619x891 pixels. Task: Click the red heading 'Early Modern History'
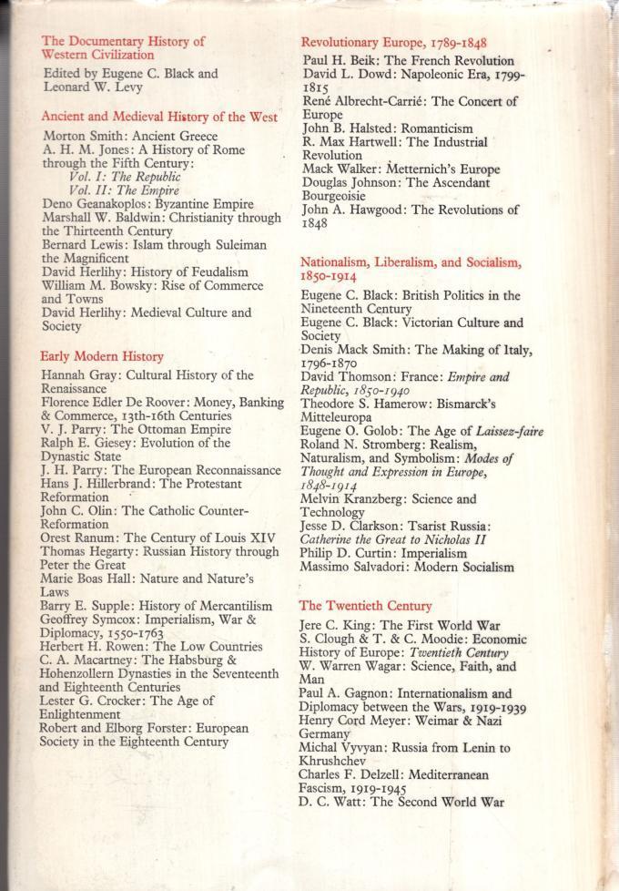101,357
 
